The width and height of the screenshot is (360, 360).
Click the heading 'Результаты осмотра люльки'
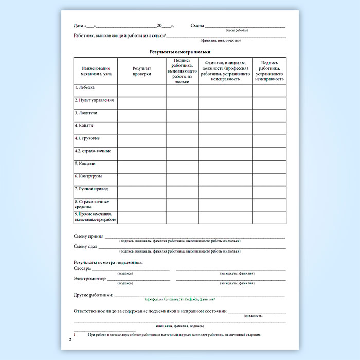click(x=180, y=52)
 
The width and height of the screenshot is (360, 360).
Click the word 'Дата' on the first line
click(x=79, y=25)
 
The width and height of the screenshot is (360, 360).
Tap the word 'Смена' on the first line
click(x=197, y=25)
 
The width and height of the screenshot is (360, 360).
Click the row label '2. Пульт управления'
click(x=94, y=100)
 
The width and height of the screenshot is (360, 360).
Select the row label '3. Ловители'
click(x=86, y=113)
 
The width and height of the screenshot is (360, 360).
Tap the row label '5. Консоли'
click(x=85, y=164)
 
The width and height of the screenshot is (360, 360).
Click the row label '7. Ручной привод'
click(x=91, y=189)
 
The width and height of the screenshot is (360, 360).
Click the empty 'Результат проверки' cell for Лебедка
click(x=142, y=90)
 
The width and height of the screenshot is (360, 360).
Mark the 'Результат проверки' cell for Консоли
click(x=142, y=166)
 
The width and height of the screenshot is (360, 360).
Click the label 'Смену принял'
click(x=89, y=236)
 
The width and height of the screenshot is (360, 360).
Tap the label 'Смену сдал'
click(x=86, y=247)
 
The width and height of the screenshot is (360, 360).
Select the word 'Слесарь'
click(x=83, y=268)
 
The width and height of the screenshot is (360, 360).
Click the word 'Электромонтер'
click(x=90, y=279)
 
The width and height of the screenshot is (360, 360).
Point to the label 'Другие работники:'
click(x=93, y=295)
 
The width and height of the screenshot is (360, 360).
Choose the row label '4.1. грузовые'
click(x=88, y=138)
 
